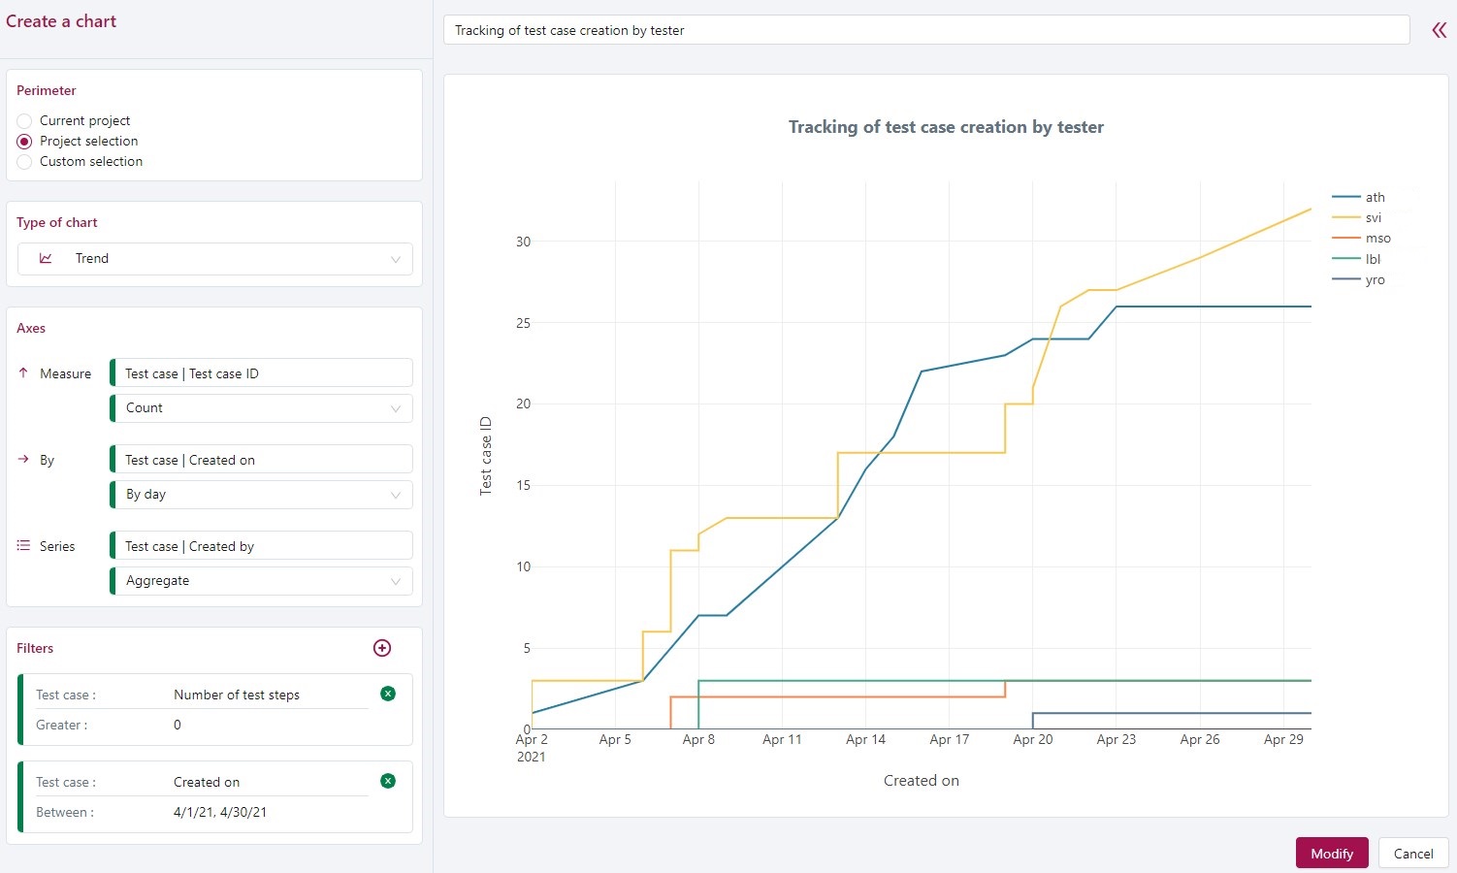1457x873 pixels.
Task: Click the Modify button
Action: point(1331,853)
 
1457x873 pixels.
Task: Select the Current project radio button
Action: point(25,121)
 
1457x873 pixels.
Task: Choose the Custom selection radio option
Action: point(25,162)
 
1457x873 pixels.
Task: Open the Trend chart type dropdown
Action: point(215,259)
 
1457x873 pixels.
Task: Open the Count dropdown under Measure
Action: point(262,408)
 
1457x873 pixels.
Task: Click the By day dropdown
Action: point(262,495)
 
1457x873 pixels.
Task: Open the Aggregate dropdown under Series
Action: point(262,581)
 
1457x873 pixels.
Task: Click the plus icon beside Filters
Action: point(382,648)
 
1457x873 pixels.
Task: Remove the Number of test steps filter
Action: point(388,694)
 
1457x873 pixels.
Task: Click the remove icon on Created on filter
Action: point(388,781)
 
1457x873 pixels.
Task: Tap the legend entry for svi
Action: point(1373,218)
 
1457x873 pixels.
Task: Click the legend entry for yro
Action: point(1375,280)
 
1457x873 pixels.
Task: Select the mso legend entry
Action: point(1377,239)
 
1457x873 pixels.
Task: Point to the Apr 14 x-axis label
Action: point(865,740)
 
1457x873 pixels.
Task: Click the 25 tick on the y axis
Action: point(524,323)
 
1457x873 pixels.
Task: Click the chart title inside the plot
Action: point(946,127)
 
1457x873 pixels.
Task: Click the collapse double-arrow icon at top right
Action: point(1439,30)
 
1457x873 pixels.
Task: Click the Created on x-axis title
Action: point(921,781)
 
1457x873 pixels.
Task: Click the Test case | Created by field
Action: point(262,546)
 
